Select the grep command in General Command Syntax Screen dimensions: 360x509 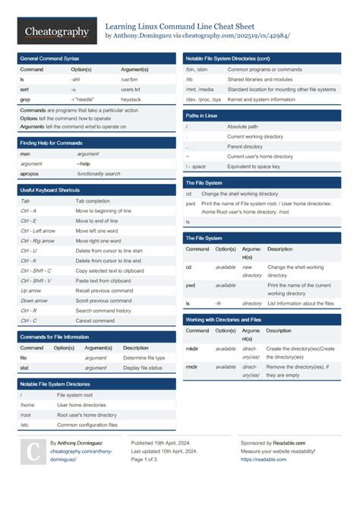[x=26, y=99]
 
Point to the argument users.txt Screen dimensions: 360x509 [x=131, y=89]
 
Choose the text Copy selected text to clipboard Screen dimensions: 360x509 [x=109, y=270]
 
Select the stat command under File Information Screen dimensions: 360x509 [x=24, y=368]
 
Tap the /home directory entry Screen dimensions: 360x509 [x=27, y=405]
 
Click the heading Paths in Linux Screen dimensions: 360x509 [x=201, y=115]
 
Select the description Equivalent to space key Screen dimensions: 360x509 [x=254, y=166]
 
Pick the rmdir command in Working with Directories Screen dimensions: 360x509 [x=194, y=366]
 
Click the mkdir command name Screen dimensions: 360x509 [x=194, y=348]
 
